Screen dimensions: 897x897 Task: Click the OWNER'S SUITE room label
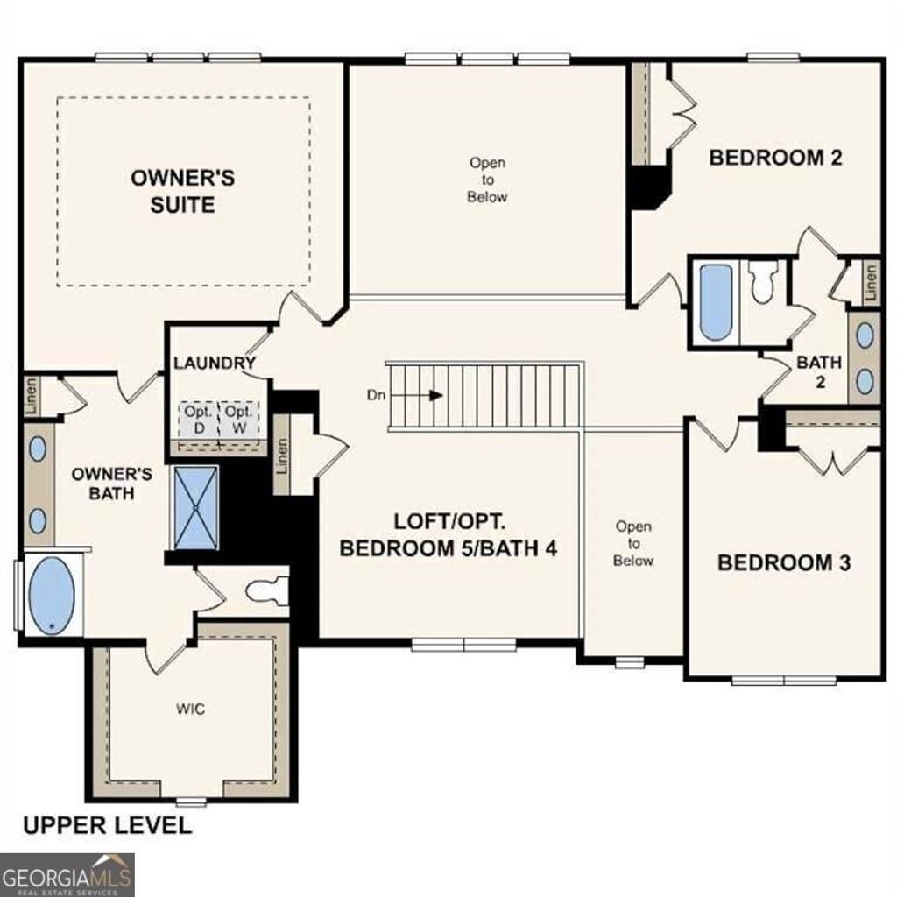[x=182, y=192]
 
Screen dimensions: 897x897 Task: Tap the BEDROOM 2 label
[x=775, y=158]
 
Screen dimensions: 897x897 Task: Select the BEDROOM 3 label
[x=784, y=562]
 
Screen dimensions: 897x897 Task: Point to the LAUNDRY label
[x=214, y=363]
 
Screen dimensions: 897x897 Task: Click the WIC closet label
[x=190, y=709]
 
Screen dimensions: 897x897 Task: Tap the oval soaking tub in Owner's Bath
[x=52, y=596]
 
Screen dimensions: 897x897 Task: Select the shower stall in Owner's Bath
[x=196, y=508]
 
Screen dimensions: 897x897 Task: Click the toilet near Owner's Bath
[x=267, y=592]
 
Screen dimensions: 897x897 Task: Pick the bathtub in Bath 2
[x=715, y=302]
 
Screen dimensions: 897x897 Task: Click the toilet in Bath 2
[x=763, y=282]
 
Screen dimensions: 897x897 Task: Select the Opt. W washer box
[x=237, y=417]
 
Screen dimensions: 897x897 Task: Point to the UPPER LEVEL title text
[x=106, y=824]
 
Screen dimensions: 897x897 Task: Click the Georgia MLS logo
[x=67, y=875]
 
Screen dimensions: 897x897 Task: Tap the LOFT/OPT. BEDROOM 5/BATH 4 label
[x=448, y=535]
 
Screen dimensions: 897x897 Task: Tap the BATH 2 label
[x=819, y=371]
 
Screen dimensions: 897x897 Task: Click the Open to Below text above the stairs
[x=487, y=180]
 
